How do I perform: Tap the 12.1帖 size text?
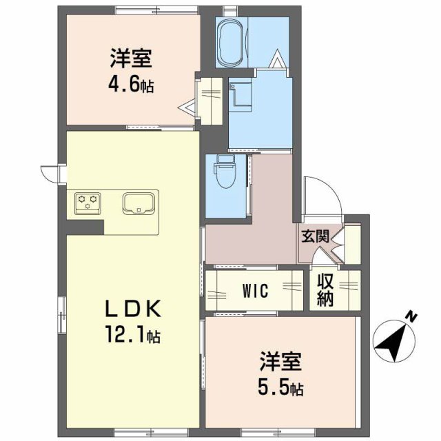pos(133,337)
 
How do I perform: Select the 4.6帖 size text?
pos(130,85)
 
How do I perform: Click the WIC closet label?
pos(254,291)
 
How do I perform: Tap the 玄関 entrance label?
pos(314,235)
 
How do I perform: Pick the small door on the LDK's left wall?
pos(50,174)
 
